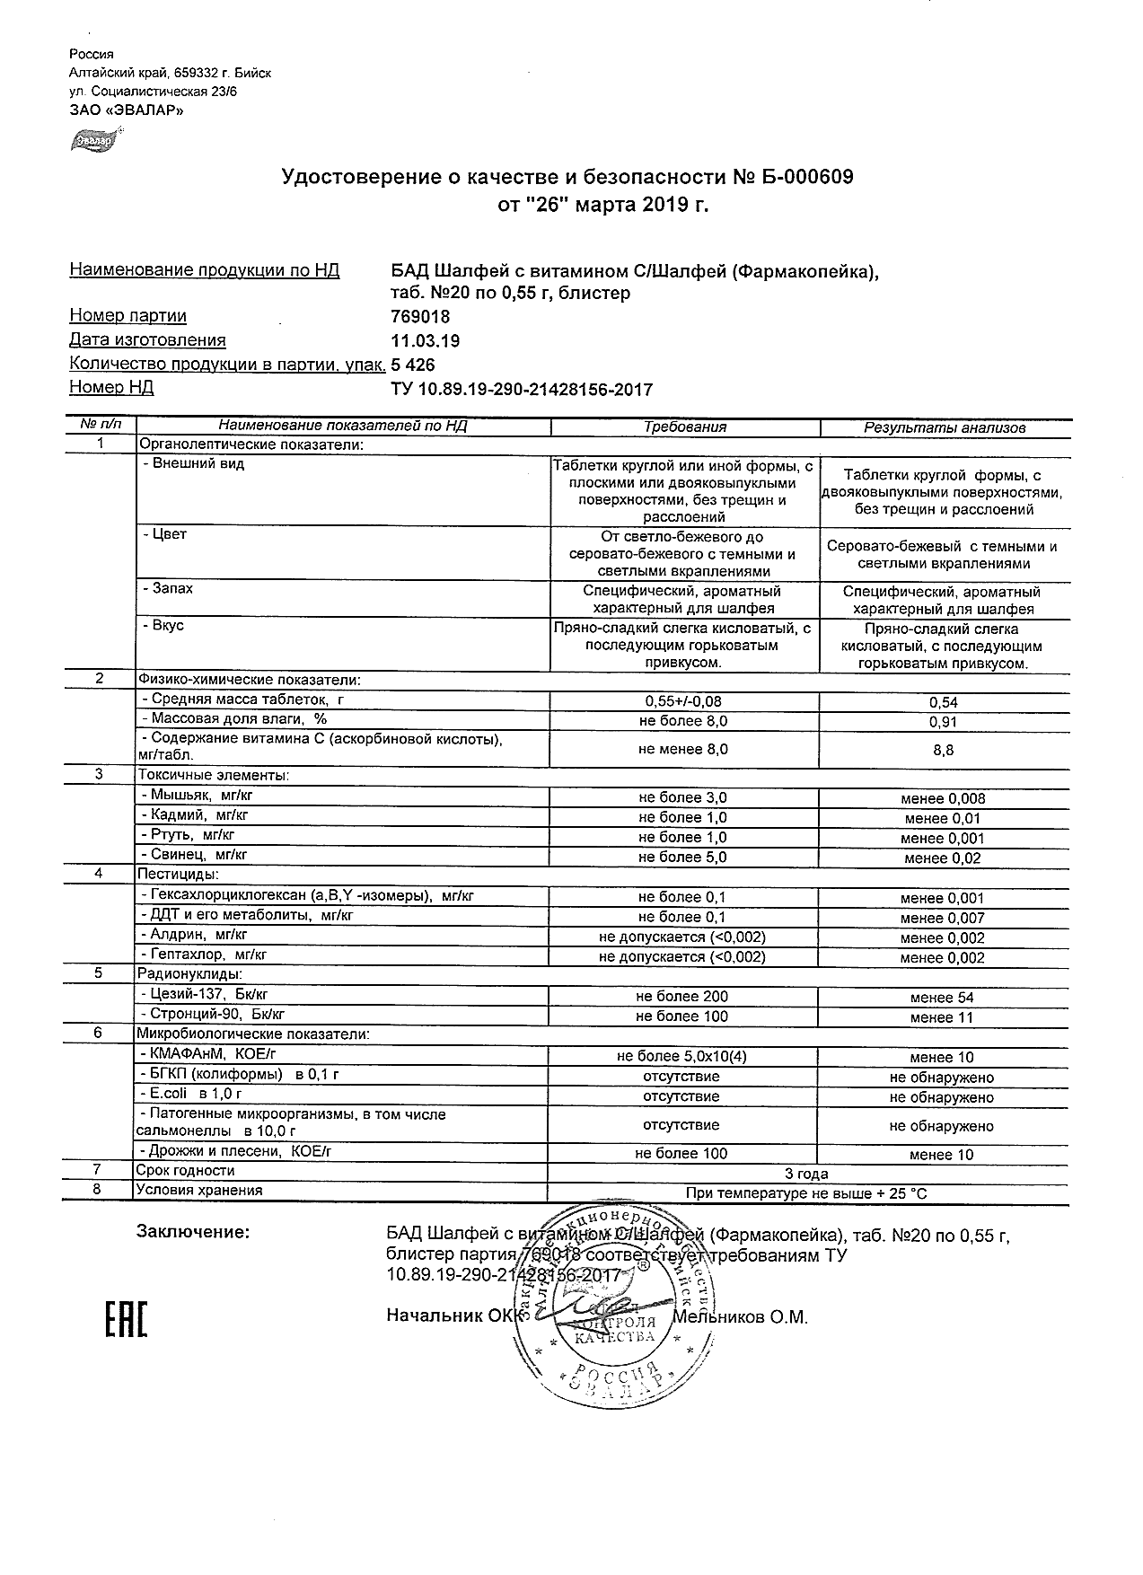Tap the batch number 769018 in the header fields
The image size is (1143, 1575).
point(420,317)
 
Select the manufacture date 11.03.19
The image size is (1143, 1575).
point(426,341)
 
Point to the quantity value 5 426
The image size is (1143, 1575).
point(413,365)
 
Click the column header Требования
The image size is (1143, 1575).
point(685,427)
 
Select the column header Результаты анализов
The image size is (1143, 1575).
point(944,428)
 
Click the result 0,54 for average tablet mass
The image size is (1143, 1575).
point(944,702)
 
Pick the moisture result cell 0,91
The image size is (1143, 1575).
point(944,722)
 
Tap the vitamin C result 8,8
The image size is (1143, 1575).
point(944,750)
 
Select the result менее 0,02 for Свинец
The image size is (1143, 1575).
point(943,858)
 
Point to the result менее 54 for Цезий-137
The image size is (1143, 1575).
point(941,998)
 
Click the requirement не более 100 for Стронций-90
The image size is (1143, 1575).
point(681,1016)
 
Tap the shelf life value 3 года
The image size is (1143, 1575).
point(806,1174)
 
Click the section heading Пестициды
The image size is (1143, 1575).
point(178,874)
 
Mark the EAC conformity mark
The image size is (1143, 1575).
point(126,1319)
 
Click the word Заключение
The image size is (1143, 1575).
point(192,1232)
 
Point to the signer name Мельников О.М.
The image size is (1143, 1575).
point(740,1317)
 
